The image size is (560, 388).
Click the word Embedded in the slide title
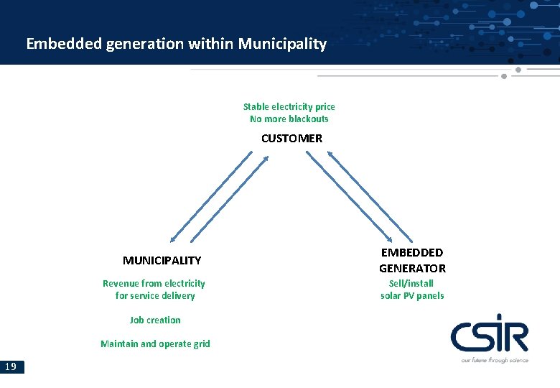(x=64, y=44)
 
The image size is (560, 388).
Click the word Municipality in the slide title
(x=282, y=44)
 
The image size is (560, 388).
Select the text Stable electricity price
(x=289, y=106)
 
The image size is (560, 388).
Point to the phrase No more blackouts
(x=289, y=119)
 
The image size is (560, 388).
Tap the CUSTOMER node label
(x=291, y=138)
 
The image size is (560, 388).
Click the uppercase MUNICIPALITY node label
(x=162, y=260)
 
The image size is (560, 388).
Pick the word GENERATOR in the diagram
(x=412, y=268)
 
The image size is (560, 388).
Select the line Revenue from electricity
(x=154, y=283)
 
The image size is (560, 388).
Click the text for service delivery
(x=154, y=295)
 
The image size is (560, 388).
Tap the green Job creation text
(x=155, y=320)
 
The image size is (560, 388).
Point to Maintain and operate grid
(x=155, y=343)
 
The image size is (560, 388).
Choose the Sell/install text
(x=411, y=283)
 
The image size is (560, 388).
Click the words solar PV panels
(x=412, y=295)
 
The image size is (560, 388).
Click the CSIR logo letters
(x=489, y=336)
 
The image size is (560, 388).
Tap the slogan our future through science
(x=494, y=359)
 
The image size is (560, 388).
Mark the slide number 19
(x=11, y=367)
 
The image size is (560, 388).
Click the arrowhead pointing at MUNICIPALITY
(x=172, y=240)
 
